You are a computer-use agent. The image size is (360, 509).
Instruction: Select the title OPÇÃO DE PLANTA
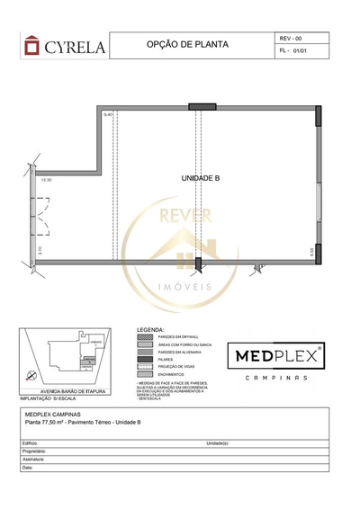(x=186, y=43)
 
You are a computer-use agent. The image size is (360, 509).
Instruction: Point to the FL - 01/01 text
(x=294, y=53)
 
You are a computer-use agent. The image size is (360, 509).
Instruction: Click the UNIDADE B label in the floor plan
(x=200, y=178)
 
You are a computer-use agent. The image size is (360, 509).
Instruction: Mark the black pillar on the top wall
(x=202, y=106)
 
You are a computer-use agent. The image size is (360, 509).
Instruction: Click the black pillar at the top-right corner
(x=318, y=115)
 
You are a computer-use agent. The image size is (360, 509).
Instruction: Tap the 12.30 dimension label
(x=46, y=180)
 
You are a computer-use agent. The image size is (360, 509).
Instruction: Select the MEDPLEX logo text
(x=279, y=354)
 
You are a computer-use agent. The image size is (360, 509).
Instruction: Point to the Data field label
(x=28, y=468)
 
